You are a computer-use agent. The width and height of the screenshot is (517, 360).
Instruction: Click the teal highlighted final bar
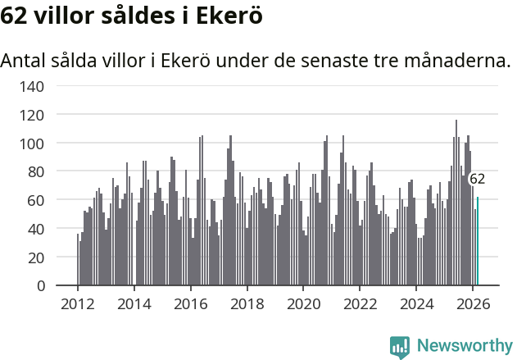tap(478, 242)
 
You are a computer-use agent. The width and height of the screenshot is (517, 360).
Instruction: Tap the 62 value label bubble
tap(477, 179)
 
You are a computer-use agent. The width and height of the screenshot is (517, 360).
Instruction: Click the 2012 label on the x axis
tap(78, 305)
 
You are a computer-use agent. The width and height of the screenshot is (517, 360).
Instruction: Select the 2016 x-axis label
tap(191, 305)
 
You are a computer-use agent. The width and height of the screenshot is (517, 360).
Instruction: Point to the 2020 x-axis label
tap(303, 305)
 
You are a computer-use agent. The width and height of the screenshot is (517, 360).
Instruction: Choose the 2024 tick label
tap(416, 305)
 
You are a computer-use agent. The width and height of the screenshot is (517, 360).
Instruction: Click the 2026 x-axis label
tap(473, 305)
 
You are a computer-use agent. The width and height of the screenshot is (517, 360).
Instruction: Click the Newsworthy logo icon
tap(400, 347)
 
